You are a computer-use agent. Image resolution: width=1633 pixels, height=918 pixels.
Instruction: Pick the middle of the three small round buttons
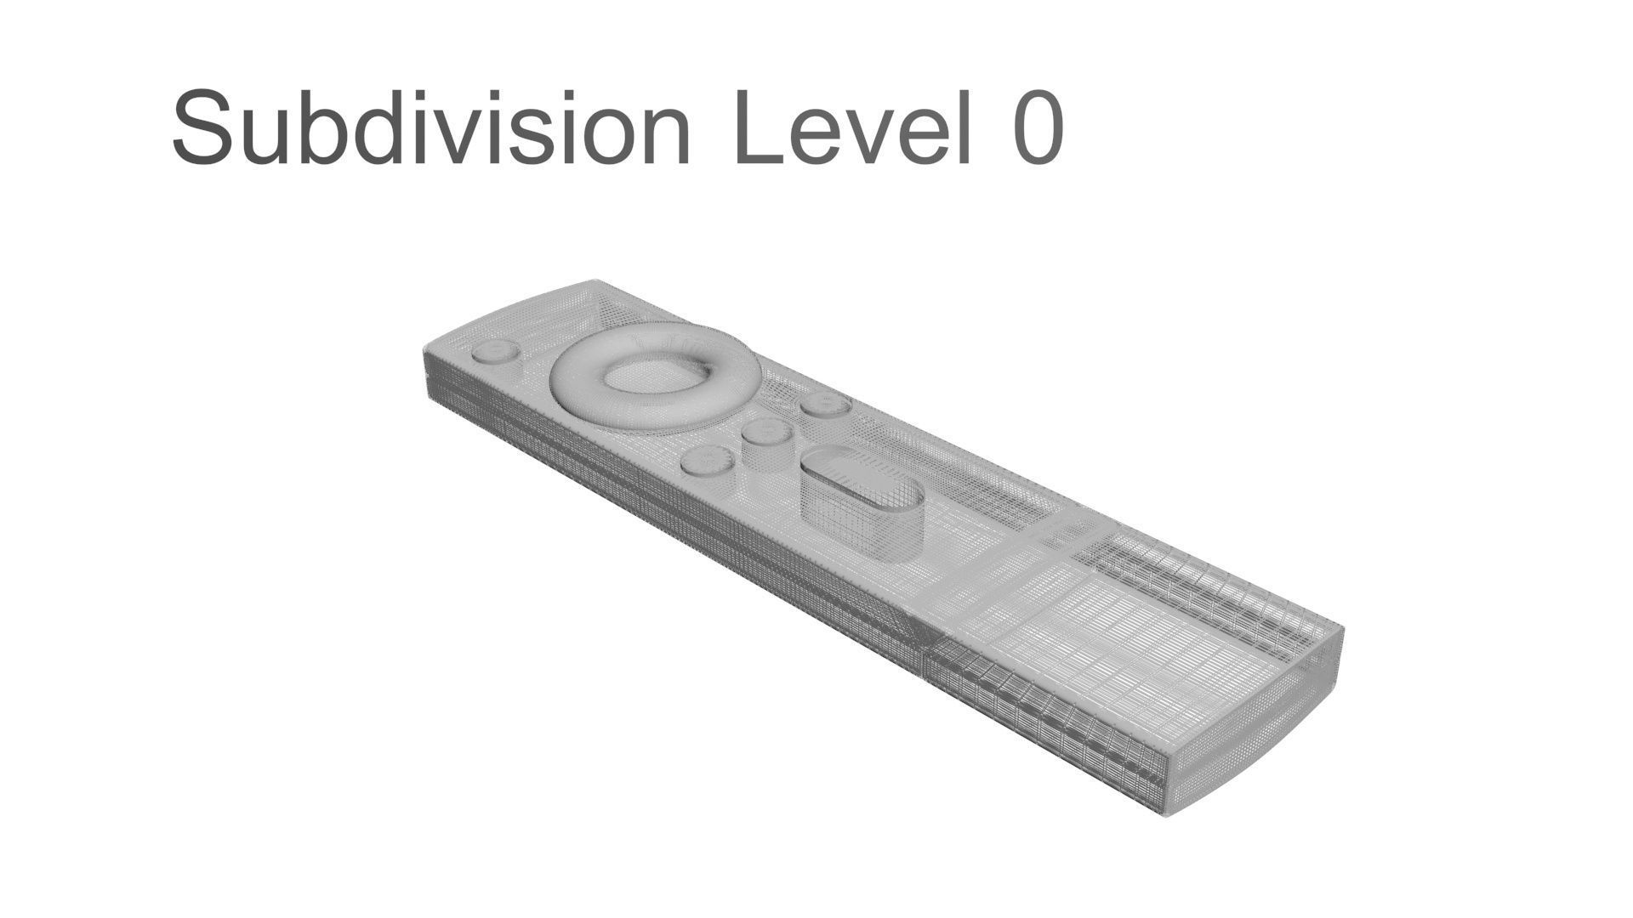click(x=767, y=432)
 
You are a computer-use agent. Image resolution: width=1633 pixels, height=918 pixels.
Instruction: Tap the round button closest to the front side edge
click(x=708, y=461)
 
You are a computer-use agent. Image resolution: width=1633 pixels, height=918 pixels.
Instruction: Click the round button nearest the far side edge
click(x=825, y=405)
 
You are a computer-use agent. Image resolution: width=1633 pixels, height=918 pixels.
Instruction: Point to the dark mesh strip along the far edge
click(x=1191, y=578)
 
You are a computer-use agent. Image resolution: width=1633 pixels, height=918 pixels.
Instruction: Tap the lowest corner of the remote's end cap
click(x=1165, y=814)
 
